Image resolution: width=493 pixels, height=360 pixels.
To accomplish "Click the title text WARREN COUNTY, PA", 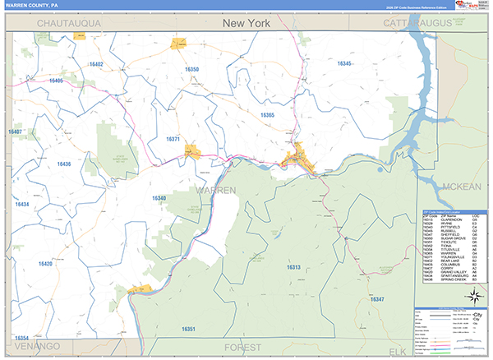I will coord(31,4).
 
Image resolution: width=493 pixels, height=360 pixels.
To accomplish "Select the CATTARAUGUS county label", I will coord(422,24).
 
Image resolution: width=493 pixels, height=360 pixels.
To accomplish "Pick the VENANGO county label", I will coord(32,348).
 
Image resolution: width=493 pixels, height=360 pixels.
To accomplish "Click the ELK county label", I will coord(398,351).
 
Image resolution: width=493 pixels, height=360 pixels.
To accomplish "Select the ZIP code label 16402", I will coord(96,63).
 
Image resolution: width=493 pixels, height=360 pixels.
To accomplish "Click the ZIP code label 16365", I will coord(266,115).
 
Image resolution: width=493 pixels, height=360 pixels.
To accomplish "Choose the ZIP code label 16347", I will coord(377,298).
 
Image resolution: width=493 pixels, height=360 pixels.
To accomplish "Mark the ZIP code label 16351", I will coord(188,329).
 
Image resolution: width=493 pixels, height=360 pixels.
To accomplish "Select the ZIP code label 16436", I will coord(64,164).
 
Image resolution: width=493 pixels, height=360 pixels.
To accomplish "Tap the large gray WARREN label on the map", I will coord(215,190).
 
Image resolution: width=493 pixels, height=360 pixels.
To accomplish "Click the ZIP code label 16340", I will coord(159,198).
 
